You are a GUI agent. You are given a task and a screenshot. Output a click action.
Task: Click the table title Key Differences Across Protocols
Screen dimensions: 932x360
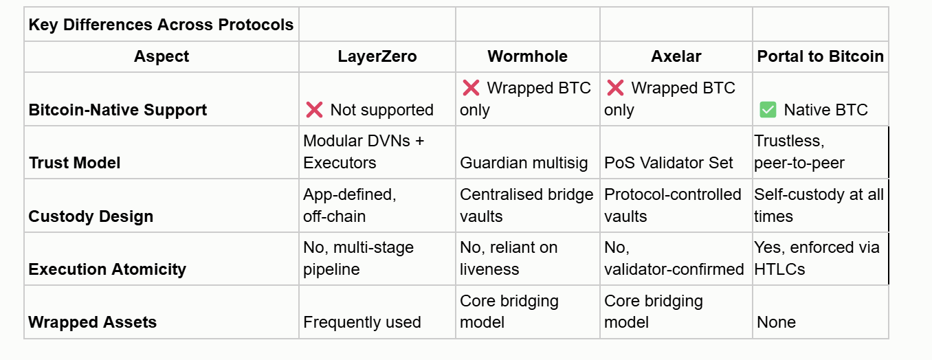pos(161,25)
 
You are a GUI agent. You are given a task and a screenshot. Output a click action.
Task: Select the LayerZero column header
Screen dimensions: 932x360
pos(377,56)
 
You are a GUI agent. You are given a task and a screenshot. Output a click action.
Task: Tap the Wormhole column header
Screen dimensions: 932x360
pos(527,56)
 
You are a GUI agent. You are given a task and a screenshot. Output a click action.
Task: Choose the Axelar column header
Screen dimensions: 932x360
pos(676,56)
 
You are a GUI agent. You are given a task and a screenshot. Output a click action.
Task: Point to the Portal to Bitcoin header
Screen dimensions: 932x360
pos(820,56)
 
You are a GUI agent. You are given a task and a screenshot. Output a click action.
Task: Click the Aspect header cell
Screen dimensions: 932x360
pos(161,56)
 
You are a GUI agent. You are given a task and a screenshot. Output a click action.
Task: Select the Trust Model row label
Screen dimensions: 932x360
pos(74,163)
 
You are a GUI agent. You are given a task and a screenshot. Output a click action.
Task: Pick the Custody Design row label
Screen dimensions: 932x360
pos(90,216)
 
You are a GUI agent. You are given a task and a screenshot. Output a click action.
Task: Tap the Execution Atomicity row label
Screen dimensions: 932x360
pos(107,269)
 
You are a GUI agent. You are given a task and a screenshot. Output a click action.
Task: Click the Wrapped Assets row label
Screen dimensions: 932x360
pos(92,322)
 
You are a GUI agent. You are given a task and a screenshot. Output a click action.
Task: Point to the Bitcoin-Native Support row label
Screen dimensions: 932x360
pos(118,110)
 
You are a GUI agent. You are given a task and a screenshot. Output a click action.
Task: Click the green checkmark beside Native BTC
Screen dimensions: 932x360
pos(768,110)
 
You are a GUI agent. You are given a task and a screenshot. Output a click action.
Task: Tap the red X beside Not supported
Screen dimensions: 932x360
pos(314,110)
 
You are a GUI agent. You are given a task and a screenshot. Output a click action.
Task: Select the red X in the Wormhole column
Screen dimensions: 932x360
pos(471,88)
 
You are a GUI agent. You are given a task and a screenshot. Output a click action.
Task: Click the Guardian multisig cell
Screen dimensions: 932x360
pos(524,163)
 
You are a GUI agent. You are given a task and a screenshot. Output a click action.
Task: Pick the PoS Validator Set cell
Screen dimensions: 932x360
pos(669,163)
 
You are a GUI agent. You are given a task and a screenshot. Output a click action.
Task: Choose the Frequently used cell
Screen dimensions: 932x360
pos(362,322)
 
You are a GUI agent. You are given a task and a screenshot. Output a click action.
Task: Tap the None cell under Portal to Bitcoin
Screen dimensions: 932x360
pos(776,322)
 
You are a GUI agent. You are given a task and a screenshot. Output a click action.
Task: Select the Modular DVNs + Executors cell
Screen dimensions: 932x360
pos(364,152)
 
